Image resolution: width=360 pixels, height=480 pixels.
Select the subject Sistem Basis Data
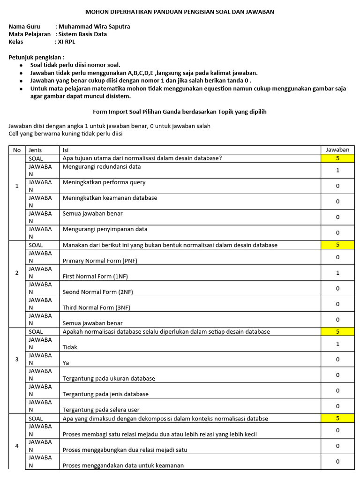coord(82,34)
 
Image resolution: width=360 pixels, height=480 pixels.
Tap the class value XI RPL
coord(67,42)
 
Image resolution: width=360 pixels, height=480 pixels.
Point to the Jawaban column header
coord(337,150)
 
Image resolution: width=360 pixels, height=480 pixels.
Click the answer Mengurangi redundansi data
coord(102,166)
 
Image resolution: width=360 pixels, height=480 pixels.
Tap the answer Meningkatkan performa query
coord(104,182)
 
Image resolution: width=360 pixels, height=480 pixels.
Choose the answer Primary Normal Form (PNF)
coord(100,261)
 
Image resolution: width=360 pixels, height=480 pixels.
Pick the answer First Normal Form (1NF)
coord(95,277)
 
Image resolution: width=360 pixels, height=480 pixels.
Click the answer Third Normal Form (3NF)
coord(97,307)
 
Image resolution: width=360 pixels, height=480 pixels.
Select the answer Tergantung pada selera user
coord(101,410)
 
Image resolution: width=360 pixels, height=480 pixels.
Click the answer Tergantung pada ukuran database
coord(109,378)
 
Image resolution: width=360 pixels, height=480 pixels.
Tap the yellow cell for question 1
coord(337,158)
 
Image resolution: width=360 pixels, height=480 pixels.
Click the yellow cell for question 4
coord(337,419)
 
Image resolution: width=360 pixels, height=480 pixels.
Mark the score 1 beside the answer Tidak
coord(337,344)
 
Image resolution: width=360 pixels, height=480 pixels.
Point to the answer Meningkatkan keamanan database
coord(110,198)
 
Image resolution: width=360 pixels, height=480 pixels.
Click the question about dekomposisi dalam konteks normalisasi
coord(165,419)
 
